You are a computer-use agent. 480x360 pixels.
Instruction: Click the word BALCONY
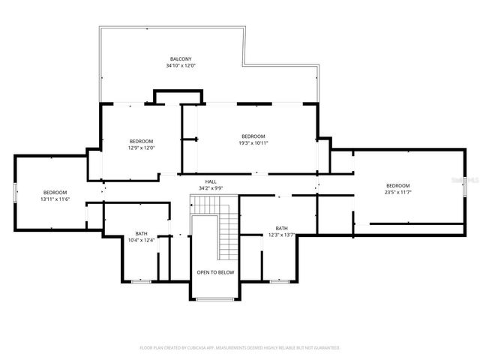click(x=180, y=59)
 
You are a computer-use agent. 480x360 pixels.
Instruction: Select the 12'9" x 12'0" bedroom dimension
click(x=141, y=148)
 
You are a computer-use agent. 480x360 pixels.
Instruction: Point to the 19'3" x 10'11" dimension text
click(x=253, y=142)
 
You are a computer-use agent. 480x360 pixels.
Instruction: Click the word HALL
click(x=211, y=181)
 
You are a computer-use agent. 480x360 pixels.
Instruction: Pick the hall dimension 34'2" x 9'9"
click(x=211, y=187)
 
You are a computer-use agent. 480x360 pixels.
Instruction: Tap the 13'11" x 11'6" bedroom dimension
click(x=55, y=199)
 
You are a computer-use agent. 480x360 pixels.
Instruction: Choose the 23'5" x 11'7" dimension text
click(x=397, y=193)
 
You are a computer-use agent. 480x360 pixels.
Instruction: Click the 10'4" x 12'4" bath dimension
click(x=141, y=240)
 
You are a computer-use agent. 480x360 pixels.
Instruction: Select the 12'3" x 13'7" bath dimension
click(x=281, y=235)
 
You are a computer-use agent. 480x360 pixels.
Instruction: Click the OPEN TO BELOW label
click(x=215, y=272)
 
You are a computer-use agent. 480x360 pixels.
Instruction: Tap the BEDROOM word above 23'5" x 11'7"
click(x=397, y=186)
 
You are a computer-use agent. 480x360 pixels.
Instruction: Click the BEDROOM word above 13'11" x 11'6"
click(x=55, y=193)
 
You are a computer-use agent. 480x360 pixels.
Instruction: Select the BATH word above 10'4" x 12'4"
click(x=141, y=233)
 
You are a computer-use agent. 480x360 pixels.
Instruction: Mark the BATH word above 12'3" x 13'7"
click(x=281, y=229)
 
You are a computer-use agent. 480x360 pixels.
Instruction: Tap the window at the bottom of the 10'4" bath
click(x=140, y=281)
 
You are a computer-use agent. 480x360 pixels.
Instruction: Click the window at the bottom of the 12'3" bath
click(x=278, y=281)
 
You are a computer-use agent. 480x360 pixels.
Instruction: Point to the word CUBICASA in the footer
click(x=214, y=348)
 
